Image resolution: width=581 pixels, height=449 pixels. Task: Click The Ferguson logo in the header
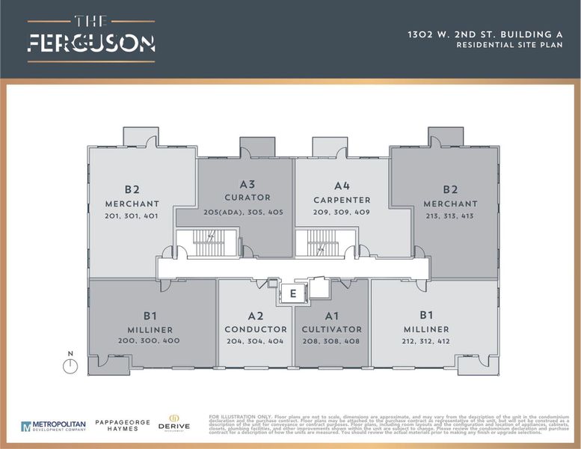(91, 37)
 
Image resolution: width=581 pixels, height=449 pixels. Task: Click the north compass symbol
(70, 365)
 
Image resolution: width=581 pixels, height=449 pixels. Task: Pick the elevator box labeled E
(293, 295)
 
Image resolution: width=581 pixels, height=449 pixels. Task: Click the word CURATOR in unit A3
(248, 198)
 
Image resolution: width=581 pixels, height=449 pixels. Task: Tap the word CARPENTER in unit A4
(342, 201)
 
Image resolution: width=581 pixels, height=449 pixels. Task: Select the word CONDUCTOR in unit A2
(256, 330)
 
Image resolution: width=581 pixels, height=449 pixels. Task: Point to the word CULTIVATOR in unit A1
(331, 330)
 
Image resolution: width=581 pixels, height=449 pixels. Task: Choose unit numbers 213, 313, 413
(450, 217)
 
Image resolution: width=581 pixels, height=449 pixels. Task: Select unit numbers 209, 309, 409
(342, 213)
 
